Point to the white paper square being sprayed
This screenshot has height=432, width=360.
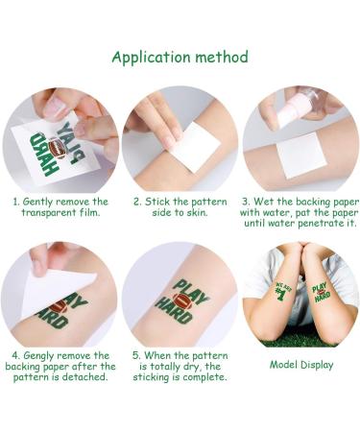coord(299,154)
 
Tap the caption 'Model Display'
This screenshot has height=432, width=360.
coord(301,364)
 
